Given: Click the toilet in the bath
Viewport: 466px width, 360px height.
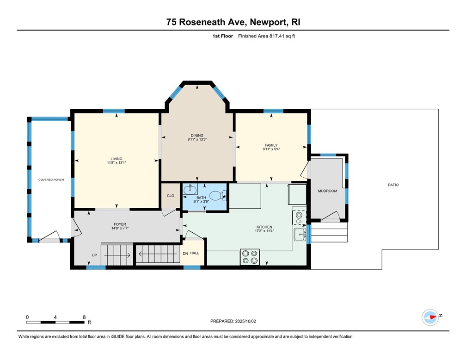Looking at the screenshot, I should [x=216, y=196].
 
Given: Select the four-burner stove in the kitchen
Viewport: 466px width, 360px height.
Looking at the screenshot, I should [x=250, y=257].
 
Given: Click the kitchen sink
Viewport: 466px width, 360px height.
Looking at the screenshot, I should [x=300, y=234].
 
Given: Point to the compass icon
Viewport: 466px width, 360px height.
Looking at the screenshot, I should [x=430, y=317].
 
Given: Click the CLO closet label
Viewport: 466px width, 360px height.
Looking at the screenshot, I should [x=171, y=196].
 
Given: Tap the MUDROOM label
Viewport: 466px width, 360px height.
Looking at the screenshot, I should [x=327, y=191].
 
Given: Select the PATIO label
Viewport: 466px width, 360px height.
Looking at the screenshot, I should [x=393, y=185].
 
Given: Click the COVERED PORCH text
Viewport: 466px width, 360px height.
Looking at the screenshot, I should [x=51, y=180].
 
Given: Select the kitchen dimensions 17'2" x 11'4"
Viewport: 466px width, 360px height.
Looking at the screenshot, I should [x=264, y=231].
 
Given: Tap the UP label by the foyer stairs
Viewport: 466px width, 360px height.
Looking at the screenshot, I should [x=95, y=255].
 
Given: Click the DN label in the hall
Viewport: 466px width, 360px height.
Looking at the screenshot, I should [x=185, y=253].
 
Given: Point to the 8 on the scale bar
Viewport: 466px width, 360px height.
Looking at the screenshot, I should [x=84, y=317].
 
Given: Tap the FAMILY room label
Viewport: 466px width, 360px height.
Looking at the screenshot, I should [x=271, y=145].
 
